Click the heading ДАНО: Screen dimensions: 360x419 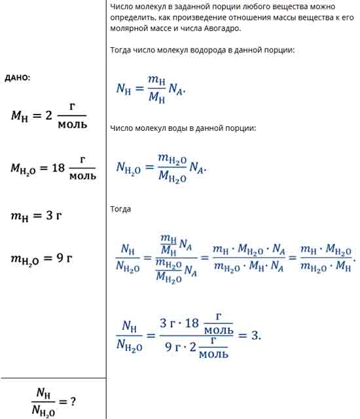(18, 78)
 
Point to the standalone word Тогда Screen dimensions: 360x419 (120, 209)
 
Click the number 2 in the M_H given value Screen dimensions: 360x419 (48, 115)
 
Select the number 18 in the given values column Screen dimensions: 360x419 (58, 168)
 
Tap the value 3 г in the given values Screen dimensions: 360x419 (54, 215)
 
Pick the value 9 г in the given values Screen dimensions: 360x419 (64, 258)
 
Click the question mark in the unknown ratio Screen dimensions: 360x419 (73, 401)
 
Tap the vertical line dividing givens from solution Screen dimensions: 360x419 (106, 209)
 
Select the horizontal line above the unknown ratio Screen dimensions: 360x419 (54, 378)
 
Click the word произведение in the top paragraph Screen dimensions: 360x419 (193, 18)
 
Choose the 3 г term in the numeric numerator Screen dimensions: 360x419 (168, 323)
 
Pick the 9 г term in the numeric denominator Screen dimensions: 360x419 (173, 347)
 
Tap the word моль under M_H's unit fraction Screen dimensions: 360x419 (73, 124)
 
